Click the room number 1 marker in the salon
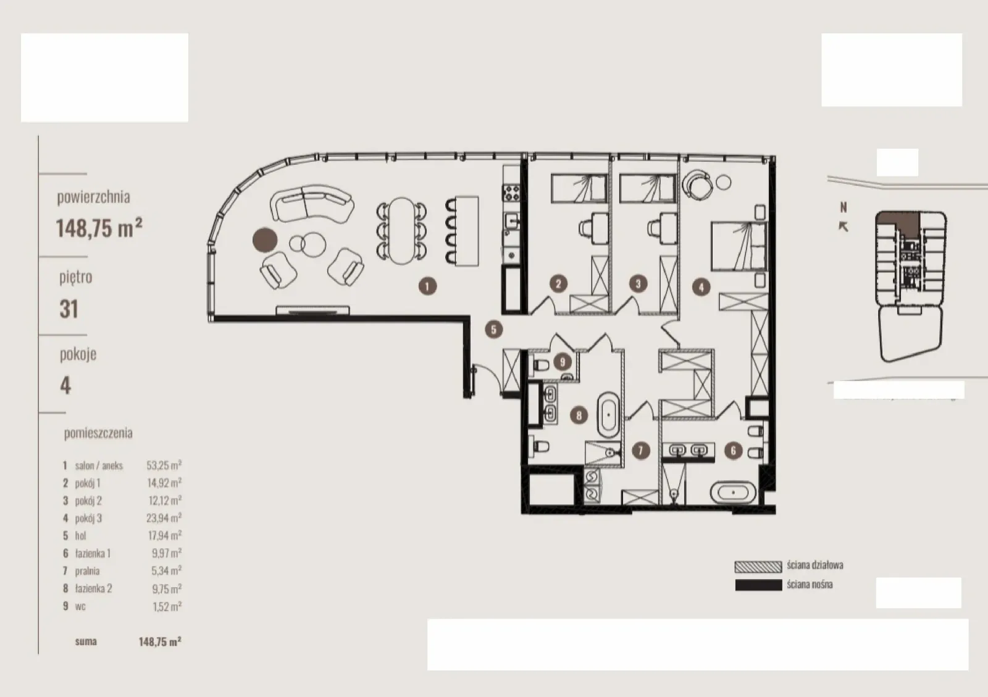pyautogui.click(x=427, y=286)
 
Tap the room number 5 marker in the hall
pyautogui.click(x=493, y=329)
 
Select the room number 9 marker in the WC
pyautogui.click(x=563, y=362)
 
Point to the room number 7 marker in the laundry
pyautogui.click(x=641, y=451)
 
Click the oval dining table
pyautogui.click(x=401, y=230)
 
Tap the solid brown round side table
pyautogui.click(x=265, y=240)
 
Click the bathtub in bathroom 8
pyautogui.click(x=609, y=414)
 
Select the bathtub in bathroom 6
pyautogui.click(x=733, y=492)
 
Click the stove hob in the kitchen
pyautogui.click(x=512, y=193)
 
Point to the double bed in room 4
pyautogui.click(x=739, y=246)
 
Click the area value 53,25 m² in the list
pyautogui.click(x=164, y=465)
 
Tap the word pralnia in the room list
pyautogui.click(x=87, y=571)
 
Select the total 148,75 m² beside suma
pyautogui.click(x=160, y=641)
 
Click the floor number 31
pyautogui.click(x=69, y=309)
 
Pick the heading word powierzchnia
pyautogui.click(x=93, y=197)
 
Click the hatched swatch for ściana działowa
pyautogui.click(x=758, y=567)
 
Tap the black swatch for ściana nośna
pyautogui.click(x=758, y=585)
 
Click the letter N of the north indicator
pyautogui.click(x=844, y=207)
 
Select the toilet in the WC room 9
pyautogui.click(x=540, y=365)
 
